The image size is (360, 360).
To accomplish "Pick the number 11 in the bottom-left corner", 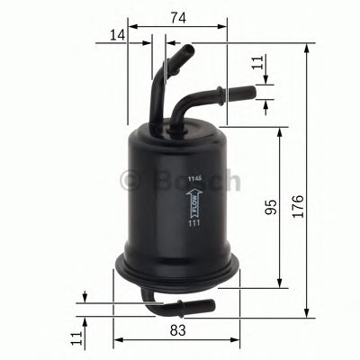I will (77, 337).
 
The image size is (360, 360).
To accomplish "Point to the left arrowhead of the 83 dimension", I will (117, 341).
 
